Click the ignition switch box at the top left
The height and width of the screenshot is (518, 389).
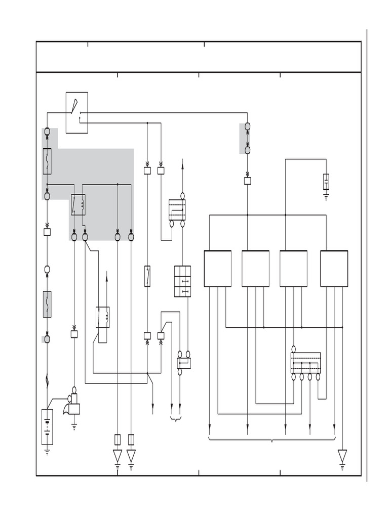pyautogui.click(x=76, y=112)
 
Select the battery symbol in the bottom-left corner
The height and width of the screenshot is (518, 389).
pyautogui.click(x=47, y=426)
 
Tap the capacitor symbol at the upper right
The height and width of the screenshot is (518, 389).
pyautogui.click(x=326, y=182)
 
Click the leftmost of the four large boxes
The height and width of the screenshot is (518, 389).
pyautogui.click(x=217, y=269)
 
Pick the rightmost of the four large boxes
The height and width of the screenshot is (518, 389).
pyautogui.click(x=334, y=269)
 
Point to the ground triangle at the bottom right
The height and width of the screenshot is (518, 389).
pyautogui.click(x=342, y=456)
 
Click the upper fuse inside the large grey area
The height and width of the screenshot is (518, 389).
pyautogui.click(x=47, y=161)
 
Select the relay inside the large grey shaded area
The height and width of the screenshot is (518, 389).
pyautogui.click(x=78, y=204)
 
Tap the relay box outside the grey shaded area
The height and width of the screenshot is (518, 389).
pyautogui.click(x=103, y=317)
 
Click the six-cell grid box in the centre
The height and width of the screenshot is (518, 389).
pyautogui.click(x=182, y=281)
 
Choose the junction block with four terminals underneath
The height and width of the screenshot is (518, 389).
pyautogui.click(x=305, y=363)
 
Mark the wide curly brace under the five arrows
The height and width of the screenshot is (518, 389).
pyautogui.click(x=272, y=440)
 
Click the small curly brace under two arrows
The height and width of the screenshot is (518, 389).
pyautogui.click(x=176, y=418)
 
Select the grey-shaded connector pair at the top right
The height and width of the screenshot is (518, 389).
pyautogui.click(x=247, y=138)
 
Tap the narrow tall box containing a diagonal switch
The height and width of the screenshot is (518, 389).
pyautogui.click(x=147, y=276)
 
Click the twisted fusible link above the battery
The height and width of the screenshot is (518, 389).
pyautogui.click(x=47, y=378)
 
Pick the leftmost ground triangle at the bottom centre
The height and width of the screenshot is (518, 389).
pyautogui.click(x=118, y=456)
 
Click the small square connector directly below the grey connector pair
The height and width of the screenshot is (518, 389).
pyautogui.click(x=247, y=181)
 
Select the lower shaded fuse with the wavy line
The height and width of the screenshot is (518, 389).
pyautogui.click(x=47, y=304)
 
